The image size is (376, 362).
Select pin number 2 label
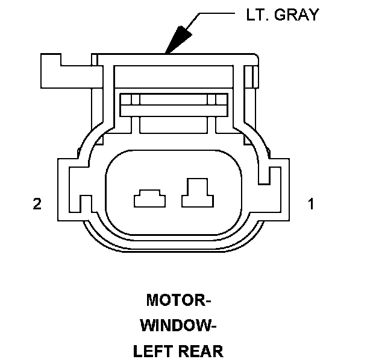tap(37, 204)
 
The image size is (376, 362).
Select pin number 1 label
tap(311, 204)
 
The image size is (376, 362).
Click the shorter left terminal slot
tap(149, 198)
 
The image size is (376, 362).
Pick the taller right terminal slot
tap(198, 192)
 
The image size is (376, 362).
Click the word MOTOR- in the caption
tap(179, 300)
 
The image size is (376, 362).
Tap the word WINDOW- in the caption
tap(178, 325)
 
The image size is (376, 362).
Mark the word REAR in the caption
tap(201, 351)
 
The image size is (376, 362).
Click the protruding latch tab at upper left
tap(51, 71)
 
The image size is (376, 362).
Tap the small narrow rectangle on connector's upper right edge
tap(255, 77)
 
